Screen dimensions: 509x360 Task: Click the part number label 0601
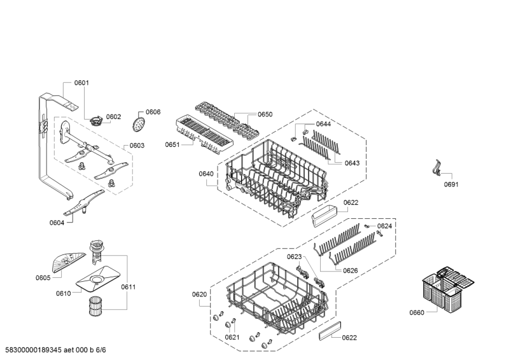click(81, 83)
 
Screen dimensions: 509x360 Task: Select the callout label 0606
click(153, 112)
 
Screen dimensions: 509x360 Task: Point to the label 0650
click(265, 114)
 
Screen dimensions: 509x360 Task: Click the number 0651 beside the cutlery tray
click(172, 144)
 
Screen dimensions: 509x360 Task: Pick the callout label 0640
click(206, 174)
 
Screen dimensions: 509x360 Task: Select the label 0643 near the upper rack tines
click(352, 163)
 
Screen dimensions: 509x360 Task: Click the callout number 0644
click(323, 124)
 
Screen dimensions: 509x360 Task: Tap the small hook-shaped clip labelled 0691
click(437, 168)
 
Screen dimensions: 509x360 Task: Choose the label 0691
click(451, 184)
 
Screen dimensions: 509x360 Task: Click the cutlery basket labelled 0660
click(448, 289)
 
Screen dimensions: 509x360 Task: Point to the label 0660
click(417, 312)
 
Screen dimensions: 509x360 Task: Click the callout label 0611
click(129, 287)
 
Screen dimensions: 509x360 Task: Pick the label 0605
click(43, 278)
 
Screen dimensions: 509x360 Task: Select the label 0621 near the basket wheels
click(232, 337)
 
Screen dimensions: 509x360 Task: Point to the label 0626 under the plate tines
click(351, 270)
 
